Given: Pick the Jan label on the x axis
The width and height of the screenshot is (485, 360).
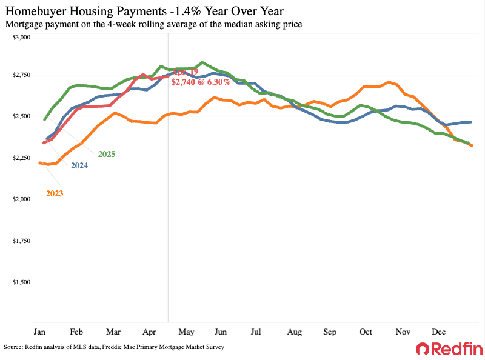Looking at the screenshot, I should coord(40,332).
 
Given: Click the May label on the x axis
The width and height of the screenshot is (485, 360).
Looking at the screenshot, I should coord(186,332).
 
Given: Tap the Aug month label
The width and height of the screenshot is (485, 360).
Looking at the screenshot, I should coord(294,332).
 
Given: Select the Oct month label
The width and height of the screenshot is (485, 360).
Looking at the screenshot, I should coord(366,332).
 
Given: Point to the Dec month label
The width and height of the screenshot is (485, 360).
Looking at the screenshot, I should coord(438,332).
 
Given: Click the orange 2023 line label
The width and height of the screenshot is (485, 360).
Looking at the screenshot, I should coord(55,193).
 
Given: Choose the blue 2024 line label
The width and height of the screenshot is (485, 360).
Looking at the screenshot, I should coord(79,165).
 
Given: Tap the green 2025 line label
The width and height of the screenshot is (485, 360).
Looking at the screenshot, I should coord(106,155).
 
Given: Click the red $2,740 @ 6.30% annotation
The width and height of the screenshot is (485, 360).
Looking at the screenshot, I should coord(200,82).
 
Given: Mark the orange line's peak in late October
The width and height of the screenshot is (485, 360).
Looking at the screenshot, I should coord(389,82).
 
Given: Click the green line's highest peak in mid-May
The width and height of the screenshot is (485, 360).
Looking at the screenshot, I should coord(202,62).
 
